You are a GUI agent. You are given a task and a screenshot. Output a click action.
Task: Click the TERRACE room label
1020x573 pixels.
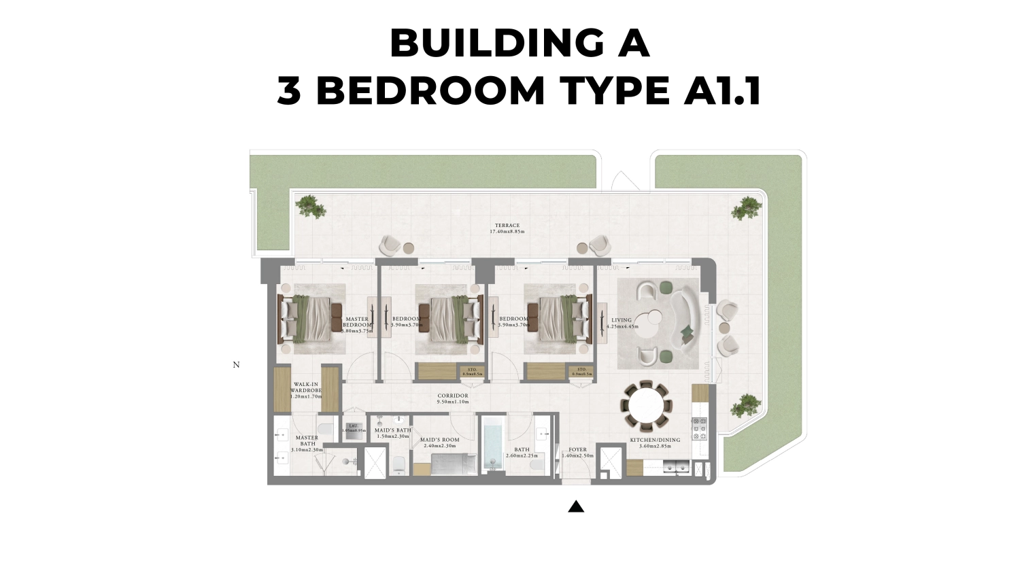[507, 228]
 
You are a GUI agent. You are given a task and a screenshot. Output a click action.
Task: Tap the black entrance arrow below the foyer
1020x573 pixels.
[576, 506]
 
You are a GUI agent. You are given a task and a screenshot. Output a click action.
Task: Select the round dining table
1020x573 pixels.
[646, 406]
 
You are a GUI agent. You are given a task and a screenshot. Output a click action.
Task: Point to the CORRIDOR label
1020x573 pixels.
[453, 398]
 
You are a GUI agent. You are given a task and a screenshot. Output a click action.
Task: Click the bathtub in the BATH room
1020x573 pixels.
[492, 445]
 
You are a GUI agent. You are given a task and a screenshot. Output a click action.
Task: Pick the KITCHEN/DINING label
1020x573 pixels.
[654, 442]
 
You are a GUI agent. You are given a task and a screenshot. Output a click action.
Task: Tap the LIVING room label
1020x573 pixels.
[622, 323]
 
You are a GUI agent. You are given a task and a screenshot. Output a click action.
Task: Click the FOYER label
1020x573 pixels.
[577, 452]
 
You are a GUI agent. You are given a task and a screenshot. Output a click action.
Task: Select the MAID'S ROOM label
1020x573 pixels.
[439, 442]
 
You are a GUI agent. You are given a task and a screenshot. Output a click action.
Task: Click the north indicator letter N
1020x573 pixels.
[236, 365]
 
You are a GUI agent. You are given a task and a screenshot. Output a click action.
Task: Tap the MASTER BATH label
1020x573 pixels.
[307, 443]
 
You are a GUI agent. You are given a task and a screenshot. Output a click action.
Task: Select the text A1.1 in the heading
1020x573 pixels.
[722, 90]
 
